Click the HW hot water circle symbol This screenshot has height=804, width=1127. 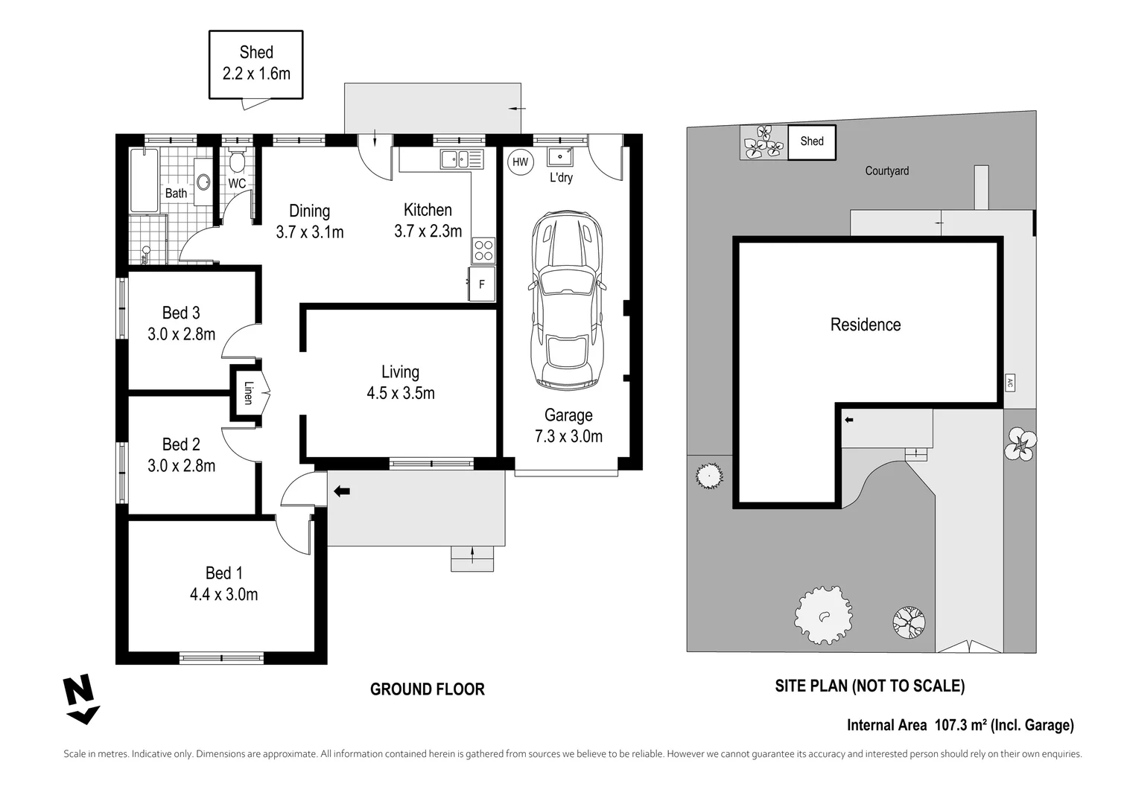[520, 162]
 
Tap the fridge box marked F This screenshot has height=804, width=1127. [482, 284]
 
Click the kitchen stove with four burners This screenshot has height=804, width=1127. [483, 249]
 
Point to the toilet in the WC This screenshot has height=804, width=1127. [238, 162]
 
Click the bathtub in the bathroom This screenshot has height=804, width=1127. [144, 180]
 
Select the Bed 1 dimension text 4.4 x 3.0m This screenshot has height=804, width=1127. [223, 594]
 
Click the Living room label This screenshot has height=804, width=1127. [400, 372]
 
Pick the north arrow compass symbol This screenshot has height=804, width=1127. [81, 698]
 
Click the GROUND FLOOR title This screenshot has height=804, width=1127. [427, 690]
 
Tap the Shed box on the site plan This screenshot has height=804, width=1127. [812, 141]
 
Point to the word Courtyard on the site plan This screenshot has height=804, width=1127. [886, 171]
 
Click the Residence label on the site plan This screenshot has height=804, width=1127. [866, 325]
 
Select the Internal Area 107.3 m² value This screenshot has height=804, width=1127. [960, 725]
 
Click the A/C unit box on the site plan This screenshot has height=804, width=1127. [1010, 383]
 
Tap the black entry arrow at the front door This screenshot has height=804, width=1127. [342, 491]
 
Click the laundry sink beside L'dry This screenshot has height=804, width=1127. [559, 156]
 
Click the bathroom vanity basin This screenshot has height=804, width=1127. [203, 181]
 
